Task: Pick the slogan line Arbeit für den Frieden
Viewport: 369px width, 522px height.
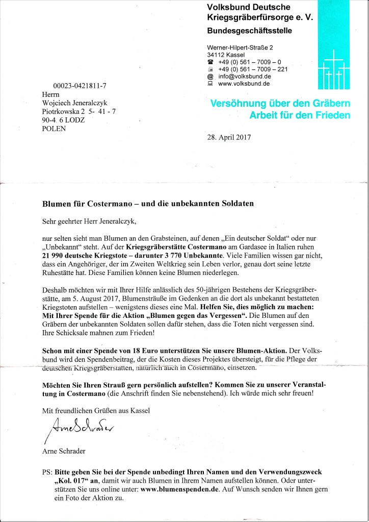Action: pyautogui.click(x=300, y=115)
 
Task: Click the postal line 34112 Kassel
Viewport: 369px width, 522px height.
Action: pyautogui.click(x=226, y=55)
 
